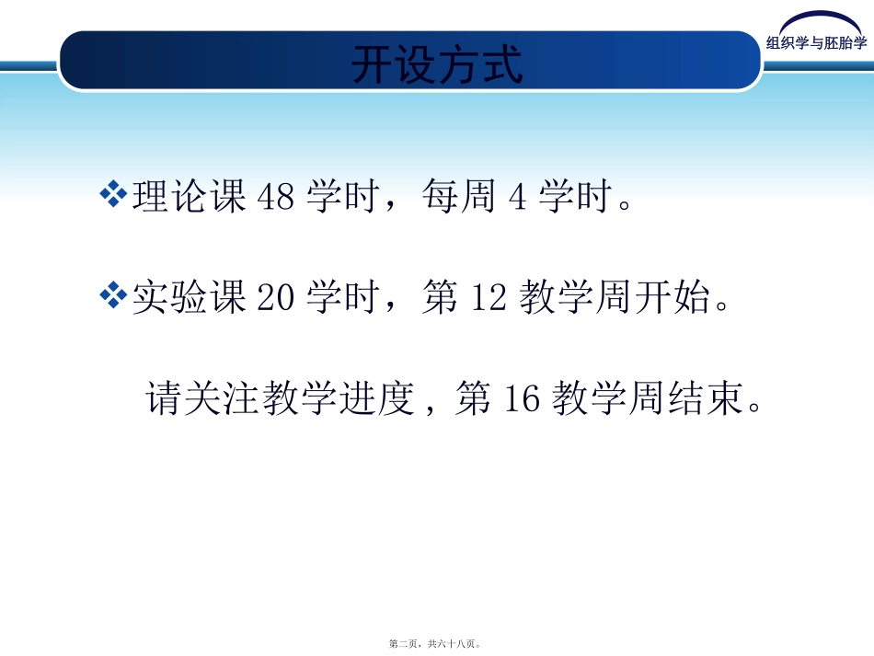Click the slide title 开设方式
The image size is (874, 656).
[437, 64]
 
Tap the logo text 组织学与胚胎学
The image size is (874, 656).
[816, 41]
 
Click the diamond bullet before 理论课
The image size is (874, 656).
[113, 194]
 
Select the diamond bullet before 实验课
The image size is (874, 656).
[113, 296]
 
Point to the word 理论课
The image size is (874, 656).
[190, 197]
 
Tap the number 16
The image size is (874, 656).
[522, 400]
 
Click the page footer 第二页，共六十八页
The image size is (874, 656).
[436, 644]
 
